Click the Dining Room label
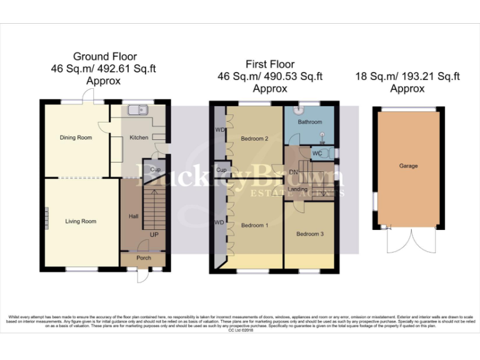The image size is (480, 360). pos(76,137)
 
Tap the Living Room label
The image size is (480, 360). pos(81,221)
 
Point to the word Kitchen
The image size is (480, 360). pos(138,137)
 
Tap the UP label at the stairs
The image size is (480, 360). pos(154,234)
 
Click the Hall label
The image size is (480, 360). pos(133,216)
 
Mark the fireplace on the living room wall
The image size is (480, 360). pos(46,220)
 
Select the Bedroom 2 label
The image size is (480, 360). pos(254,139)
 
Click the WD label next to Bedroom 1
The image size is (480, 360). pos(219,222)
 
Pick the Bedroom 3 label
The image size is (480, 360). pos(310,234)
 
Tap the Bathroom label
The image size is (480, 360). pos(309,122)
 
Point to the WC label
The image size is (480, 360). pos(317,153)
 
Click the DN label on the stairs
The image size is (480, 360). pos(292,172)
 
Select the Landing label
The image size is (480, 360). pos(297,189)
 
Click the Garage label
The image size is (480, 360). pos(409,166)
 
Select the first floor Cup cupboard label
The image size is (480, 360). pos(221,170)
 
